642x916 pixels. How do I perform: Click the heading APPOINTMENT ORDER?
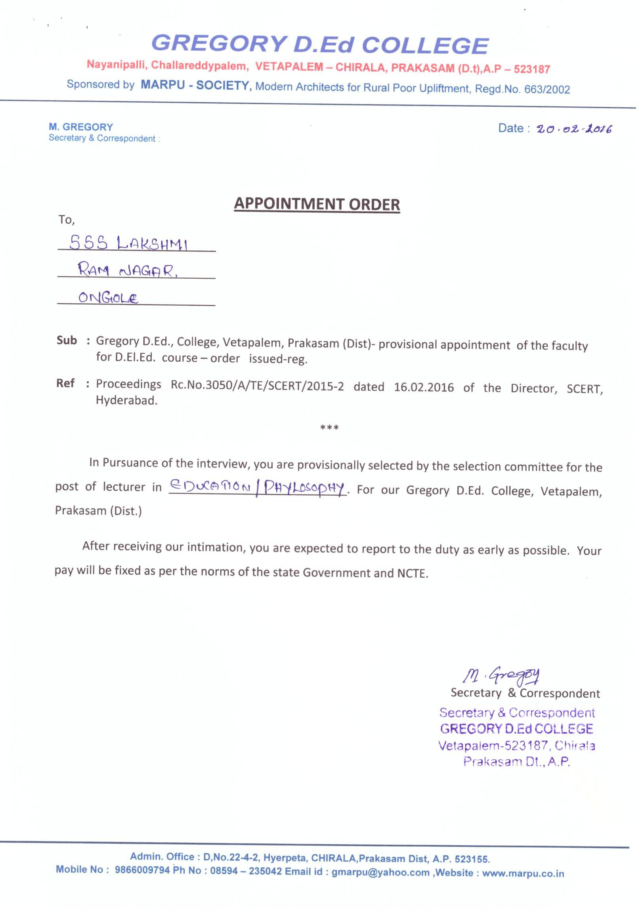point(317,204)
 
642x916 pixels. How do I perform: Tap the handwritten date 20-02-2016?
point(574,130)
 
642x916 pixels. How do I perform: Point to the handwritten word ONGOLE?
point(108,298)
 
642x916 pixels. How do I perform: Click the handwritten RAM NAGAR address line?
point(128,271)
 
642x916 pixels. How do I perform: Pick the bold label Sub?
point(66,341)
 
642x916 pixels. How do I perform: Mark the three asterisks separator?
point(329,428)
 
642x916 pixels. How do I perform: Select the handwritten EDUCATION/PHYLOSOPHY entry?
point(258,487)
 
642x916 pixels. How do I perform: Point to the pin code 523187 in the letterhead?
point(532,69)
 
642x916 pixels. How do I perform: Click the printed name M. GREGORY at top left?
point(80,127)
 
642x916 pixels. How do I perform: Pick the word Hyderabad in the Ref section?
point(126,401)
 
